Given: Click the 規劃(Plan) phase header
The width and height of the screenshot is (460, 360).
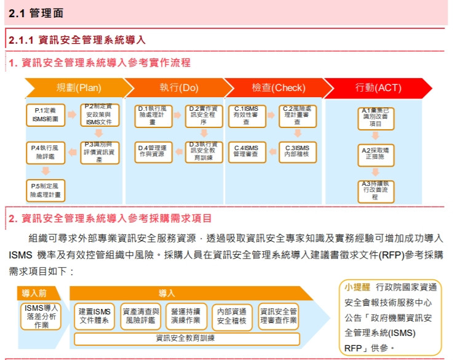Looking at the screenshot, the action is pos(79,87).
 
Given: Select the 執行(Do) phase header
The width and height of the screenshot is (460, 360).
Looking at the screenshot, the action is pos(179,87).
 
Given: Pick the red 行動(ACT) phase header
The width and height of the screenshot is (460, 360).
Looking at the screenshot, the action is pos(378,87).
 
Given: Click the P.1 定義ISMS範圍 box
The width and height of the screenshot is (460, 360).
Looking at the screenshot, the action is pos(45,115).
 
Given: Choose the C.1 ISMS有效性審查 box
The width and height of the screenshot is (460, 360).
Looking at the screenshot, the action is pos(246,115).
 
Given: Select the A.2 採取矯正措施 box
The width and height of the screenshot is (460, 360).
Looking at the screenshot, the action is pos(375,156).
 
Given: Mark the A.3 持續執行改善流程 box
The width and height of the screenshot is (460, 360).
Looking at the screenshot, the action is pos(375,191).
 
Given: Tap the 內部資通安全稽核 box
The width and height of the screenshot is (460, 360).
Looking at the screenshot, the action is pos(232,316).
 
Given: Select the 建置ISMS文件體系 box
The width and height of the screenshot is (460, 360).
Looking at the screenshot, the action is pos(94,316).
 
